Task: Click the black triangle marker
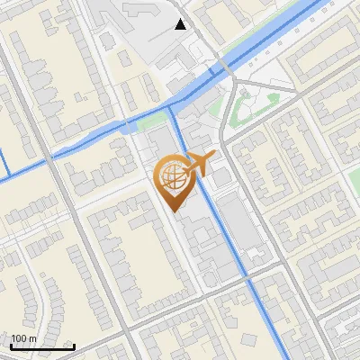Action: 182,24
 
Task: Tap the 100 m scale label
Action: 23,338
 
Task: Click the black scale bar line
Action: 41,346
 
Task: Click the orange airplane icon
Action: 200,166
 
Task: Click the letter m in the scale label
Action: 31,338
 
